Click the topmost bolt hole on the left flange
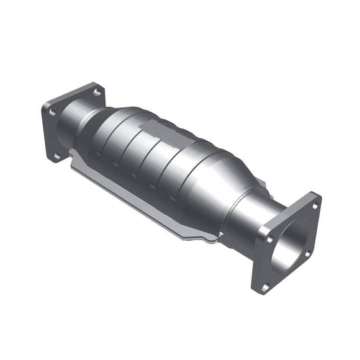pyautogui.click(x=96, y=92)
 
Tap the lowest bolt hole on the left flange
pyautogui.click(x=56, y=155)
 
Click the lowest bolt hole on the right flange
pyautogui.click(x=265, y=287)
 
